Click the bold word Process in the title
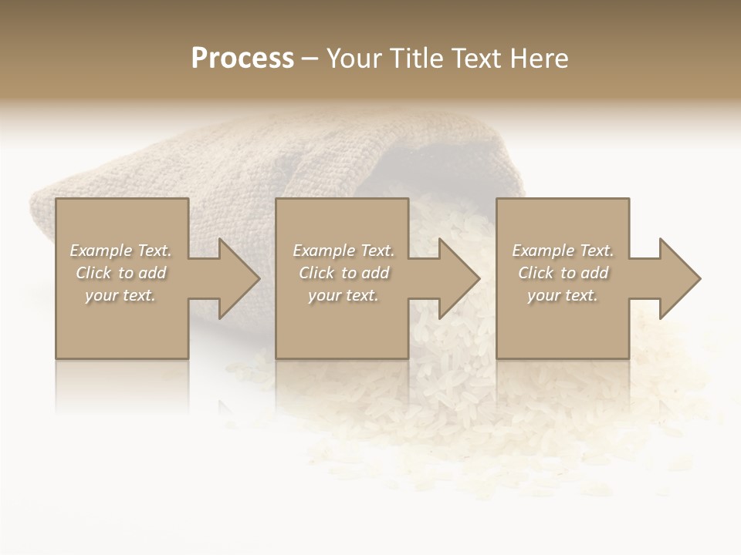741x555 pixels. (x=242, y=58)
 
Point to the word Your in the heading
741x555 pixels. (x=355, y=58)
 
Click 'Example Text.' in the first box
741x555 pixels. (x=120, y=251)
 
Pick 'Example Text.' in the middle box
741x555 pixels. (x=343, y=251)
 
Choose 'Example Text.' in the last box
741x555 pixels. (x=563, y=251)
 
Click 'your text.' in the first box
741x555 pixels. (x=120, y=295)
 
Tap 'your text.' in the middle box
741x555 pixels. (x=343, y=295)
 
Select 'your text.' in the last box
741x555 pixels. (x=563, y=295)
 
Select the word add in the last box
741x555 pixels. (x=595, y=273)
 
